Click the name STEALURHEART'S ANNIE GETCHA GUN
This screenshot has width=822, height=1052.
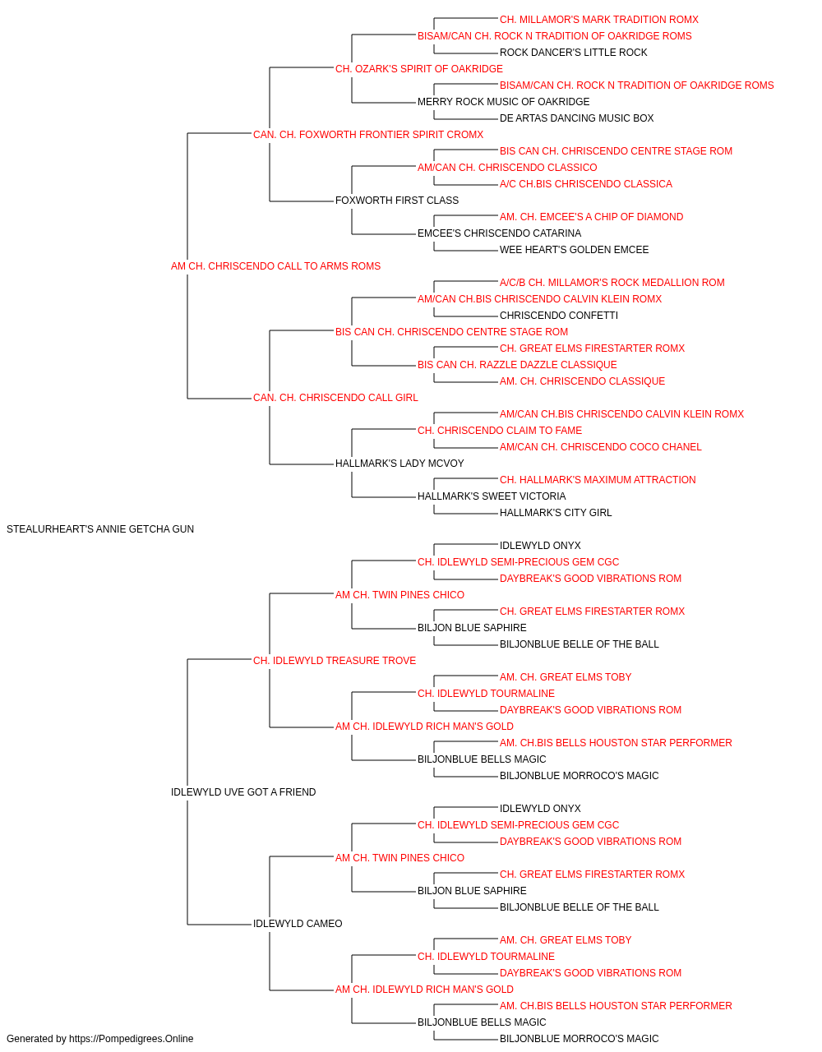pyautogui.click(x=100, y=529)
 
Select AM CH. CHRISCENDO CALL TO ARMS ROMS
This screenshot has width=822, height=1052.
pyautogui.click(x=275, y=266)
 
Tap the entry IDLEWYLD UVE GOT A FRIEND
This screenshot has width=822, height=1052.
pyautogui.click(x=243, y=792)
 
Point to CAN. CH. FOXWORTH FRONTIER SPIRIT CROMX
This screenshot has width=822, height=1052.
pyautogui.click(x=368, y=135)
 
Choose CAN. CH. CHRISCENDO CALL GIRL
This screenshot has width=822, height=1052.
pyautogui.click(x=335, y=398)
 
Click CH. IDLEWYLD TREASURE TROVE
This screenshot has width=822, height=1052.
pyautogui.click(x=335, y=661)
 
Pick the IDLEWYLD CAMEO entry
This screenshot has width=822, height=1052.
pyautogui.click(x=298, y=924)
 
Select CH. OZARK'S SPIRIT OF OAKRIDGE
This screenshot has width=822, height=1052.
pyautogui.click(x=418, y=69)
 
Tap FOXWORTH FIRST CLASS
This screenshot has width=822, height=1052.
pyautogui.click(x=397, y=201)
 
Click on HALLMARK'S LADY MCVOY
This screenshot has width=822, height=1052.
pyautogui.click(x=399, y=464)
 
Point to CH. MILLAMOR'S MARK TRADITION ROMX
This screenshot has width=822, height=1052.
pyautogui.click(x=599, y=20)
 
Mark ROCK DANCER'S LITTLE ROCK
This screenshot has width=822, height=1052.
pyautogui.click(x=573, y=53)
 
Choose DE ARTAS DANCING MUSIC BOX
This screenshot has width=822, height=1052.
pyautogui.click(x=576, y=118)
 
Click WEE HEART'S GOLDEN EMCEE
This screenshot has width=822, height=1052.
pyautogui.click(x=574, y=250)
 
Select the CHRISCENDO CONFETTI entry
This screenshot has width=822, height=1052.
pyautogui.click(x=559, y=316)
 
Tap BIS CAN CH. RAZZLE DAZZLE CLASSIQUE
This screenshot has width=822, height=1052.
pyautogui.click(x=517, y=365)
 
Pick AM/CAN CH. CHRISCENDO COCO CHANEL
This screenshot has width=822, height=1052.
pyautogui.click(x=600, y=447)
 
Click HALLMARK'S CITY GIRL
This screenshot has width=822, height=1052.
pyautogui.click(x=556, y=513)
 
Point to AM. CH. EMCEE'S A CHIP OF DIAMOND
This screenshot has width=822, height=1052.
pyautogui.click(x=591, y=217)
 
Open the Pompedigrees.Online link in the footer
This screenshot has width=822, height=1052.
pyautogui.click(x=131, y=1039)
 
